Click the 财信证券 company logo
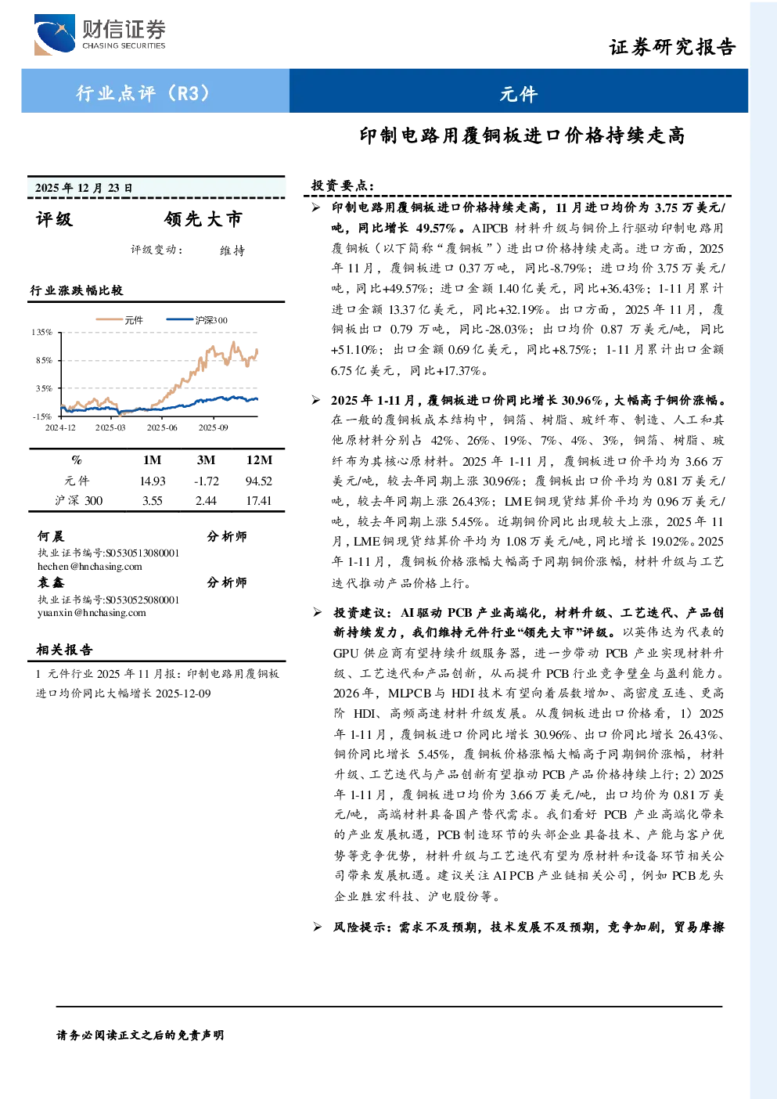pyautogui.click(x=100, y=34)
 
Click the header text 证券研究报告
pyautogui.click(x=672, y=47)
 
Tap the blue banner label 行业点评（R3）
pyautogui.click(x=143, y=92)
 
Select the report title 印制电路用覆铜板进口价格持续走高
pyautogui.click(x=522, y=135)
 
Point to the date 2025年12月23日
pyautogui.click(x=84, y=188)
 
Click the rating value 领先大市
pyautogui.click(x=203, y=219)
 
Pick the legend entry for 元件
pyautogui.click(x=119, y=320)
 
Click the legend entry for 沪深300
pyautogui.click(x=196, y=320)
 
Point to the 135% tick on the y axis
pyautogui.click(x=42, y=332)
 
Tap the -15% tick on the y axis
pyautogui.click(x=42, y=416)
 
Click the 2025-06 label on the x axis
pyautogui.click(x=162, y=427)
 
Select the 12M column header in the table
pyautogui.click(x=259, y=459)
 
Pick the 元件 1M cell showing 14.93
pyautogui.click(x=153, y=481)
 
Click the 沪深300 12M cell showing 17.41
pyautogui.click(x=258, y=500)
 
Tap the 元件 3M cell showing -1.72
pyautogui.click(x=207, y=481)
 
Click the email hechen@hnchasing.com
pyautogui.click(x=90, y=566)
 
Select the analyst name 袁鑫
pyautogui.click(x=51, y=582)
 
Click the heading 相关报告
pyautogui.click(x=64, y=650)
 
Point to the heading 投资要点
pyautogui.click(x=343, y=186)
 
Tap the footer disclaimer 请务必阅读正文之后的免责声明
pyautogui.click(x=140, y=1035)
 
